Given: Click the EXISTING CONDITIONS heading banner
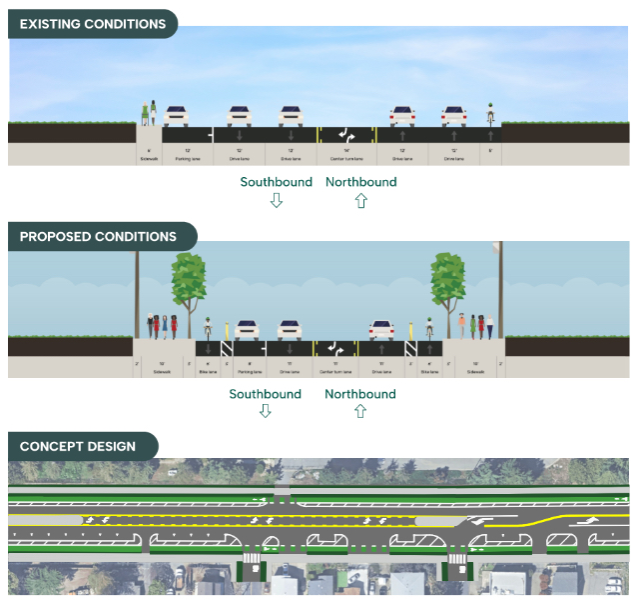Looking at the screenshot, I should (x=92, y=24).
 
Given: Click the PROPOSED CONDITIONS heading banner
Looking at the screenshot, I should (x=98, y=237).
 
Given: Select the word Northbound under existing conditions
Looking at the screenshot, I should (x=360, y=182).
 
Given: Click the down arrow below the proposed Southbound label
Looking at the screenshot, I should (x=265, y=411).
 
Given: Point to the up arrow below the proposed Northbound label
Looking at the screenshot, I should (x=360, y=411).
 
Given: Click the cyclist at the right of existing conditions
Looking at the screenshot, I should (x=490, y=113).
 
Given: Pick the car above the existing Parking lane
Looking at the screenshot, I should (x=177, y=115).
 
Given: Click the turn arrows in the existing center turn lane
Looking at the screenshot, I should (x=345, y=134).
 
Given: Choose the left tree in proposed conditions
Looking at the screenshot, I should (x=189, y=285).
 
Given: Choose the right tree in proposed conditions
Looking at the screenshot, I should (x=448, y=285).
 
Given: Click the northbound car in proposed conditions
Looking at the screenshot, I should (x=383, y=329).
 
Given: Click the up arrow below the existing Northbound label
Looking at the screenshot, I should (x=360, y=200).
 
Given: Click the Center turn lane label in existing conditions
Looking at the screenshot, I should (x=344, y=158).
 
